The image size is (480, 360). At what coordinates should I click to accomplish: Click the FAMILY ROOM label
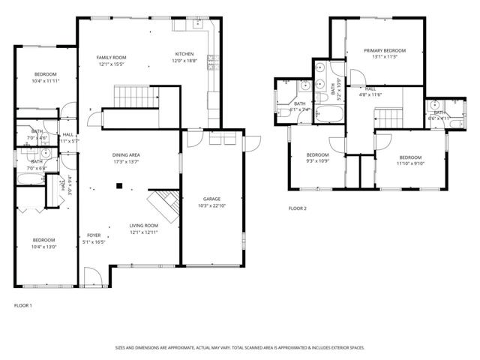pos(110,58)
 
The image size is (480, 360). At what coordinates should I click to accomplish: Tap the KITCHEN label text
pos(185,54)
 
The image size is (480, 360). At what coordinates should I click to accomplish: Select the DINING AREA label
pos(126,154)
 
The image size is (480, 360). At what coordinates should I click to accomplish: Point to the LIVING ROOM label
pos(143,225)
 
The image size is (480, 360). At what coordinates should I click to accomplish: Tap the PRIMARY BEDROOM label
pos(384,51)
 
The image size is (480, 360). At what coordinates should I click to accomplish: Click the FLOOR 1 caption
pos(23,305)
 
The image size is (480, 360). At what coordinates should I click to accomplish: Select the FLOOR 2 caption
pos(298,208)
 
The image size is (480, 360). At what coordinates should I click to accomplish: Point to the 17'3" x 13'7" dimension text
pos(126,161)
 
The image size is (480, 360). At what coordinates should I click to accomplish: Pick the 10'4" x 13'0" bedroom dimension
pos(43,247)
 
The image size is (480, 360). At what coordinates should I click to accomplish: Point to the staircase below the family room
pos(128,97)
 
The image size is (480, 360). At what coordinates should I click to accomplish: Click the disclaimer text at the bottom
pos(239,347)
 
